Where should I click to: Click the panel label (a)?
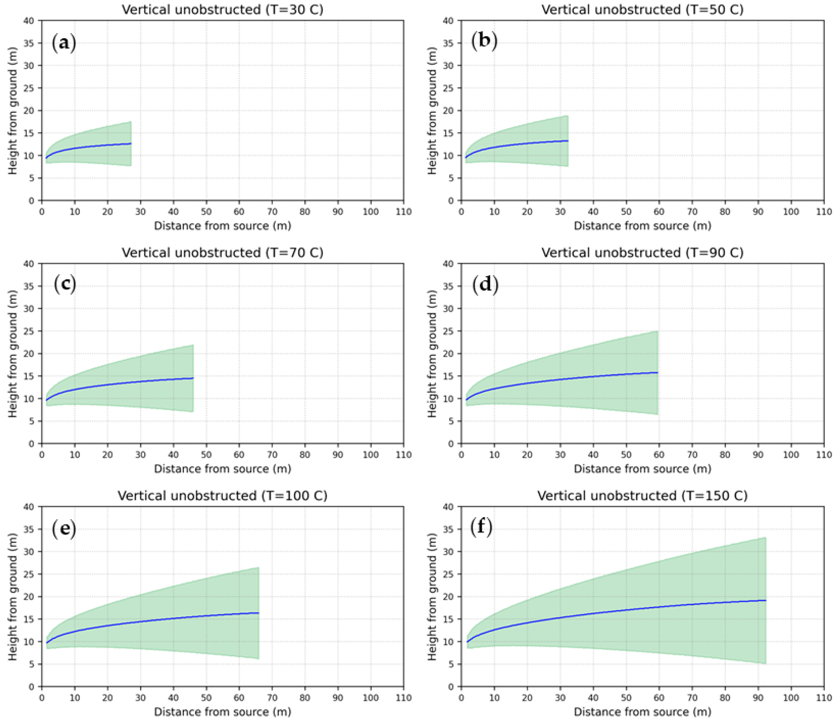tap(64, 43)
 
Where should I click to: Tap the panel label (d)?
tap(485, 284)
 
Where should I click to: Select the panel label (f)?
tap(481, 527)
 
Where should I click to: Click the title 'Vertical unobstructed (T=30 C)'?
tap(222, 9)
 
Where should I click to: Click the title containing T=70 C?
tap(222, 252)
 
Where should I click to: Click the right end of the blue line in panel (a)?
tap(131, 143)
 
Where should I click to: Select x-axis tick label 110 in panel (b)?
tap(824, 212)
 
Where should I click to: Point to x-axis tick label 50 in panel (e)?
tap(206, 698)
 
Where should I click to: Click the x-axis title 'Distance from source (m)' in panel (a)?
tap(222, 226)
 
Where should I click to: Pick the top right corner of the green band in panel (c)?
tap(194, 345)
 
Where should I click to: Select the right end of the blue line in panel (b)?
tap(568, 141)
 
